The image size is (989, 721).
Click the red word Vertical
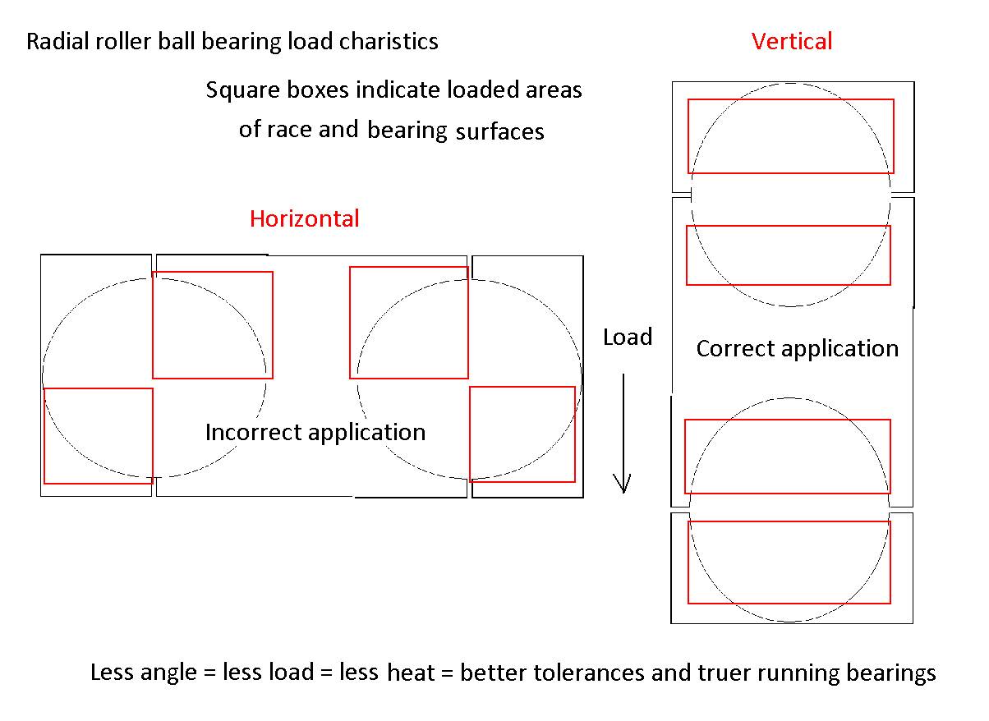coord(791,41)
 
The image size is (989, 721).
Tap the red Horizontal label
coord(304,218)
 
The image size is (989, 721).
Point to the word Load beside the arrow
coord(628,338)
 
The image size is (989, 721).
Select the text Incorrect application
coord(315,432)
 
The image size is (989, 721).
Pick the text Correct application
coord(797,348)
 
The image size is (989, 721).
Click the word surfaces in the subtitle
coord(499,131)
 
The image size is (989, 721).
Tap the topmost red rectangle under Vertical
coord(790,136)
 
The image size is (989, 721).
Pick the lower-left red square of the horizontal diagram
coord(98,436)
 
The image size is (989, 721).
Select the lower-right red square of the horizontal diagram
coord(522,434)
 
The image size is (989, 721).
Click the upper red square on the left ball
coord(212,325)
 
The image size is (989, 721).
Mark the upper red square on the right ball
coord(408,323)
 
